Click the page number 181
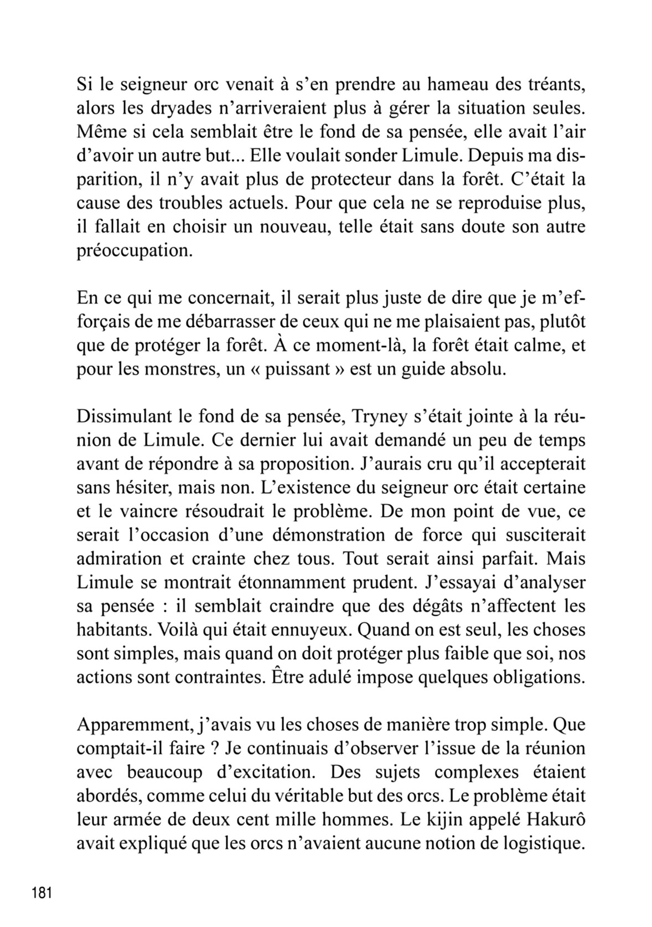point(42,893)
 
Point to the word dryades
point(173,109)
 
